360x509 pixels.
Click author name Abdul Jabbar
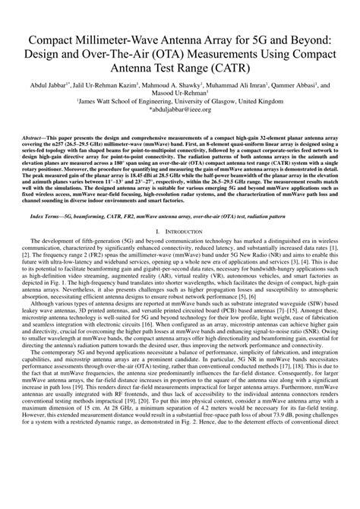51,87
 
